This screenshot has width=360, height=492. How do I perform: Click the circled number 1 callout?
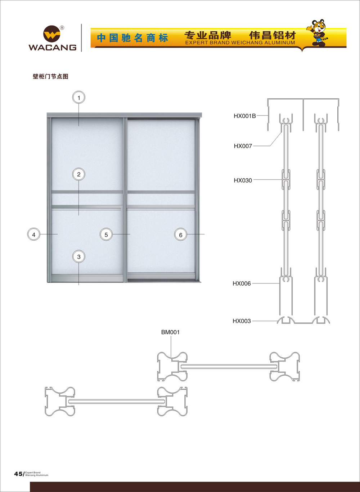pos(79,98)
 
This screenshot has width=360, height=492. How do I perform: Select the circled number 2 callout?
pos(79,174)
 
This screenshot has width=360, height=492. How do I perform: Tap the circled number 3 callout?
pos(79,256)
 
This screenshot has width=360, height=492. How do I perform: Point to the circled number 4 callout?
pos(34,234)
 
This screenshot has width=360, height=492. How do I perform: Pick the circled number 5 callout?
pos(106,234)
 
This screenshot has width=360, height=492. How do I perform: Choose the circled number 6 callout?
pos(181,234)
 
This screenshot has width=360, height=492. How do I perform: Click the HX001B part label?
pos(245,116)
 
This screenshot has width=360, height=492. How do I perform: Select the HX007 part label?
pos(243,146)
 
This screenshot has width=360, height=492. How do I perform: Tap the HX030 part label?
pos(243,180)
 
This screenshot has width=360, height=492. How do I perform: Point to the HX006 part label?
pos(242,283)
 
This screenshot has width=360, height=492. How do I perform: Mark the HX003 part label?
pos(242,321)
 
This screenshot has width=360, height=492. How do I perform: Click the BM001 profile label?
pos(170,332)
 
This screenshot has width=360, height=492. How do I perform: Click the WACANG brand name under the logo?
pos(53,48)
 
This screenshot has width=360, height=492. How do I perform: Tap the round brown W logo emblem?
pos(51,34)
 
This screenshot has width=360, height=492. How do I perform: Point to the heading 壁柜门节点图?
pos(50,76)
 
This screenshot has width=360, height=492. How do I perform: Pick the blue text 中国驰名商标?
pos(132,38)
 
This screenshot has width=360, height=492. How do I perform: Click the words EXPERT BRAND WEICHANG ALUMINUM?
pos(240,43)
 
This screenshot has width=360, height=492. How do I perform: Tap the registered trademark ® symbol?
pos(62,28)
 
